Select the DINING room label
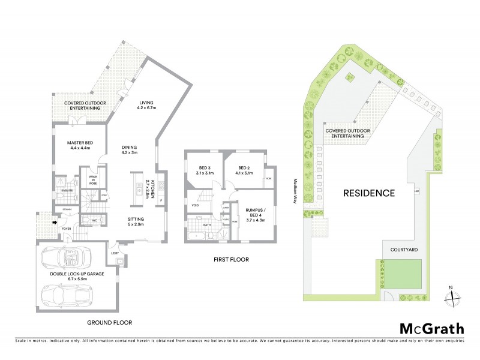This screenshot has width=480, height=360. (130, 149)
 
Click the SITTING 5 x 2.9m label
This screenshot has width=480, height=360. (134, 222)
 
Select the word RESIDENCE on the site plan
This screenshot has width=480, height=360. (369, 193)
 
